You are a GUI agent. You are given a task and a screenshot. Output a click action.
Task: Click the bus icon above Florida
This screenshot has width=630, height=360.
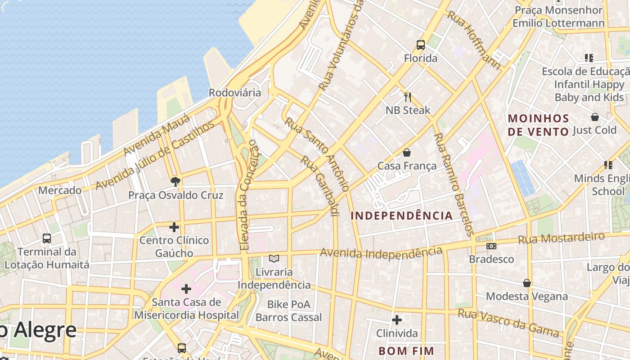421,45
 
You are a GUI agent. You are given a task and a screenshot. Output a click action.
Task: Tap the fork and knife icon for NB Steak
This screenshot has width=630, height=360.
408,97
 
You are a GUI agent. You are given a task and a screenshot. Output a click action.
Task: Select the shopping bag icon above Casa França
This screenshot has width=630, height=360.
407,153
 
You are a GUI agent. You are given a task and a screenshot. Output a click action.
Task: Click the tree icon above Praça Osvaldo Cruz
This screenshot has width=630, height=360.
175,182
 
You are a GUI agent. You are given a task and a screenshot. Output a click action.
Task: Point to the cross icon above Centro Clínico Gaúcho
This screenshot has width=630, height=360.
174,227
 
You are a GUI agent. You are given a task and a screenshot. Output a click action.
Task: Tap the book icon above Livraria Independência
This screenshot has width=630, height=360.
274,259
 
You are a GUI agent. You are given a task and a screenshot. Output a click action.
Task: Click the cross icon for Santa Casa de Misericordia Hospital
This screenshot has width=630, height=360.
186,289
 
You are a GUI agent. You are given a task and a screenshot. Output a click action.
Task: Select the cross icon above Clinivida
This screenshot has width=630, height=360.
397,320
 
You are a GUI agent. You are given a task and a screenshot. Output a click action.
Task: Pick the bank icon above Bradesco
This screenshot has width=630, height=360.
491,246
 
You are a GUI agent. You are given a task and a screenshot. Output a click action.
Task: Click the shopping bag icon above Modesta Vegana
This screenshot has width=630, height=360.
527,283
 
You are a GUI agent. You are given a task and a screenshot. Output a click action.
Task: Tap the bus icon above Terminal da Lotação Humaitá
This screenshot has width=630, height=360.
47,238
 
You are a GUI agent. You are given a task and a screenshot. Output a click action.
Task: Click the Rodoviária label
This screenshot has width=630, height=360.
234,93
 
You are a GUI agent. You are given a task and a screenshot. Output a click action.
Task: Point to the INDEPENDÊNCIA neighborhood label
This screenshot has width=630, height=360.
401,216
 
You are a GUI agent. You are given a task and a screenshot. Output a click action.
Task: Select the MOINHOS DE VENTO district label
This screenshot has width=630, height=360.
539,125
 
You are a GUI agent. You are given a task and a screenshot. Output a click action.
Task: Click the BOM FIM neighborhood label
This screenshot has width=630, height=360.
406,351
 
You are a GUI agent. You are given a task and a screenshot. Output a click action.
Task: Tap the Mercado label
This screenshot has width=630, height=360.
60,190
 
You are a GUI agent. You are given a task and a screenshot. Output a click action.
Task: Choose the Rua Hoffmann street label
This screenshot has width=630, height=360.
474,40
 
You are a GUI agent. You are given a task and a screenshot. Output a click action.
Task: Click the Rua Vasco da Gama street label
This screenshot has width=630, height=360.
508,323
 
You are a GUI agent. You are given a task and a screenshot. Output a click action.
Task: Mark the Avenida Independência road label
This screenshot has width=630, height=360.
381,253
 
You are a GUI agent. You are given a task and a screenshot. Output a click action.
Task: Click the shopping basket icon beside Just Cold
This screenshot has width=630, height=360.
595,117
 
